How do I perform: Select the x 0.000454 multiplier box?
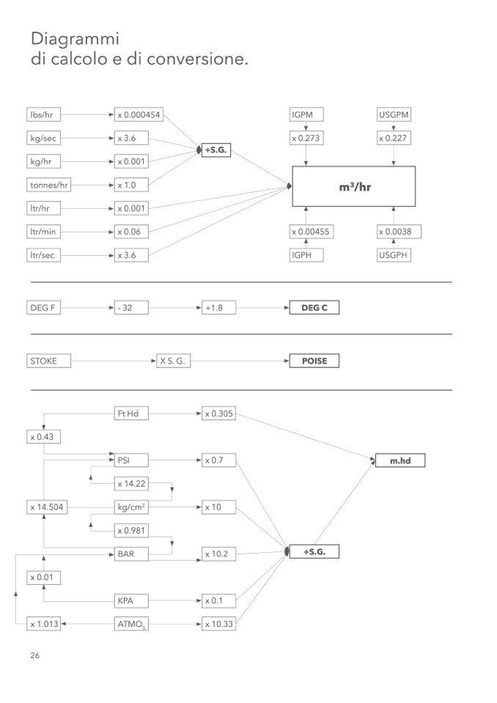click(139, 114)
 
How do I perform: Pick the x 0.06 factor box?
click(131, 232)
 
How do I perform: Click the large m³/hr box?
click(353, 187)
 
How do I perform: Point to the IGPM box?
click(306, 114)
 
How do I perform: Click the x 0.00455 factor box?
click(312, 232)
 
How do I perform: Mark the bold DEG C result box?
click(314, 308)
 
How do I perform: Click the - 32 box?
click(131, 308)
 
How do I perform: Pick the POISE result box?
click(314, 361)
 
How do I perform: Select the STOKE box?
click(48, 361)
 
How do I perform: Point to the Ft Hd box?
click(131, 413)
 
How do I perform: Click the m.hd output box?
click(400, 460)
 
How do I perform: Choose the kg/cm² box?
click(131, 507)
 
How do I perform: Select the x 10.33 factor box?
click(219, 624)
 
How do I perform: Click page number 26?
click(35, 655)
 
